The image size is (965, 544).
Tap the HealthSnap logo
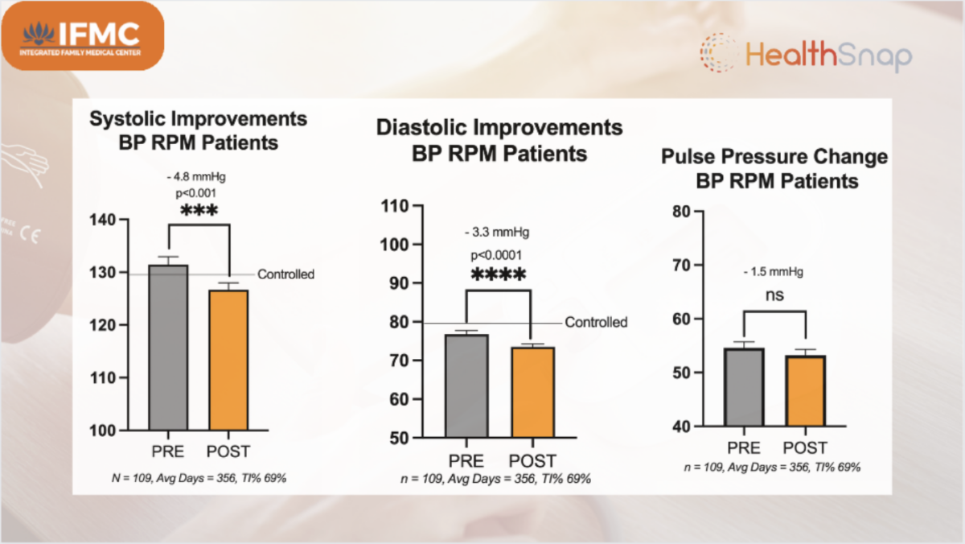pos(805,56)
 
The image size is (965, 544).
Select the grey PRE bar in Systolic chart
pos(168,347)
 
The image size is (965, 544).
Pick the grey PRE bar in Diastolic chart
pos(466,386)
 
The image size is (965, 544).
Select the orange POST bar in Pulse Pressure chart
pos(806,391)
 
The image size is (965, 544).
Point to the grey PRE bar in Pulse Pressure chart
pos(744,386)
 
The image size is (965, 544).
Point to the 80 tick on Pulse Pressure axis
pos(680,211)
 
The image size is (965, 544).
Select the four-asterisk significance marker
pos(499,275)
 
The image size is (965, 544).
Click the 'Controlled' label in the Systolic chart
pos(285,274)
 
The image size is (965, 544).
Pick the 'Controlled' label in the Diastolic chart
pos(596,323)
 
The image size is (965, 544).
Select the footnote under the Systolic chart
pos(199,478)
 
